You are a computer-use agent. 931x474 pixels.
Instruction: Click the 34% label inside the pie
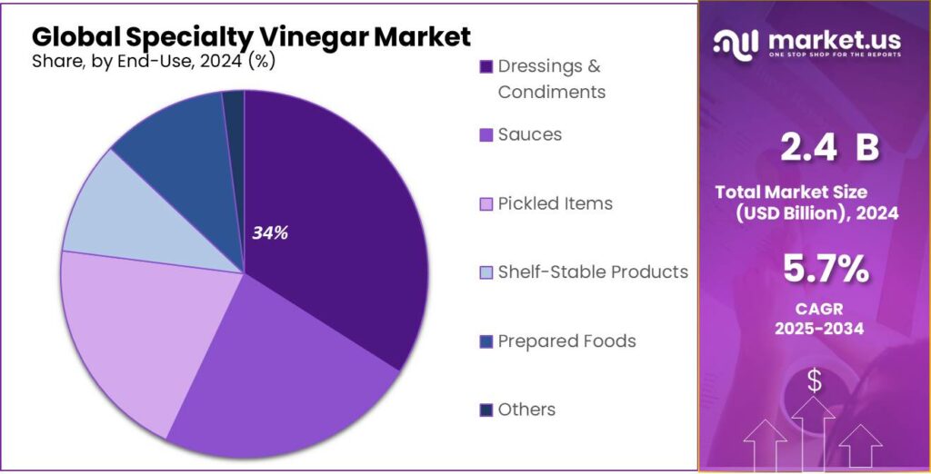point(270,233)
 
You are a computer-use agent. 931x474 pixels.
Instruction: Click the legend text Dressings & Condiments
point(551,79)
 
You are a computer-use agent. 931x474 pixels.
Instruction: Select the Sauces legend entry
point(529,134)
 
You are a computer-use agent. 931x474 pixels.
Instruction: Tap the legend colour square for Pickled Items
point(486,204)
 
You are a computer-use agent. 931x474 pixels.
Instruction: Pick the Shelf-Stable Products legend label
point(592,272)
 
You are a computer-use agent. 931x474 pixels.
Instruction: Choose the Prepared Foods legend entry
point(566,341)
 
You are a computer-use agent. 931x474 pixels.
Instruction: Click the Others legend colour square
point(486,410)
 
